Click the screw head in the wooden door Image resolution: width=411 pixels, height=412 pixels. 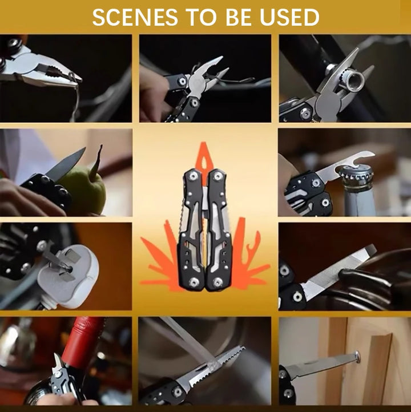click(357, 357)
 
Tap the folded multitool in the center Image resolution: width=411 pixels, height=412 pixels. click(205, 228)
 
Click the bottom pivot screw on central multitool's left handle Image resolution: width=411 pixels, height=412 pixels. click(194, 281)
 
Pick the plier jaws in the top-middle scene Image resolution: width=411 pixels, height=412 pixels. click(208, 74)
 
